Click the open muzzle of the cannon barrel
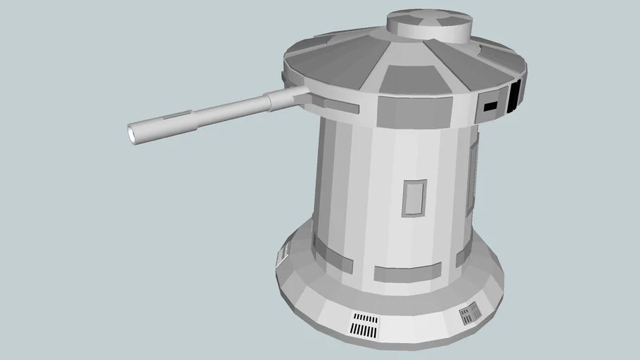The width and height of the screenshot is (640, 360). (x=133, y=131)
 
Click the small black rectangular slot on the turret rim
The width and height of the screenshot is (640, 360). (x=490, y=106)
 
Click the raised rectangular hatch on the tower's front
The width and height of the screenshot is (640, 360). (x=414, y=198)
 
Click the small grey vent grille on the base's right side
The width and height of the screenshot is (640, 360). (x=470, y=314)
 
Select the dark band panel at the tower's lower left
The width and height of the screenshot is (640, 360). (x=333, y=254)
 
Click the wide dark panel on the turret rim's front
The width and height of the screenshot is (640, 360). (x=415, y=109)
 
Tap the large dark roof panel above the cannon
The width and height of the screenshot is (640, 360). (x=331, y=67)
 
